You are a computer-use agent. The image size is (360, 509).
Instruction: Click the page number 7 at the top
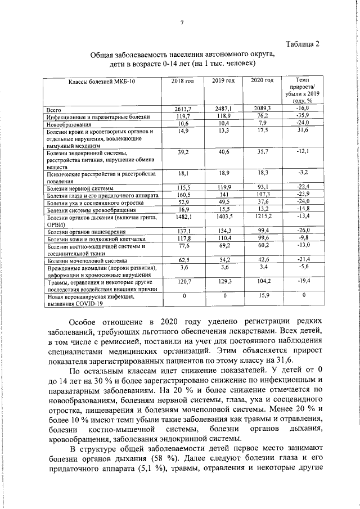(182, 22)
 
